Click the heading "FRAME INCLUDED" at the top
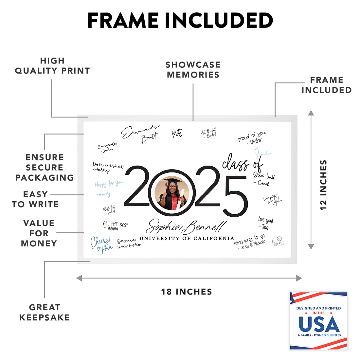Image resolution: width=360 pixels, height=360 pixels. pos(180,21)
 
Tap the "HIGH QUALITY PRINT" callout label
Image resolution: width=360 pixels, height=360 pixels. pos(52,66)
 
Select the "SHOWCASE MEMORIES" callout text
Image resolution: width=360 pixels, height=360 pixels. pos(193,70)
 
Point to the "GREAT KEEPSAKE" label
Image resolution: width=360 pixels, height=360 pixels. pos(45,312)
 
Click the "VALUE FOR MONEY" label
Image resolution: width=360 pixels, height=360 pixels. pos(39,233)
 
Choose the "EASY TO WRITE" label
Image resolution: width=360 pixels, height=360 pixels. pos(35,199)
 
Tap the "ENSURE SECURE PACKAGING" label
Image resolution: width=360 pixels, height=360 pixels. pos(45,167)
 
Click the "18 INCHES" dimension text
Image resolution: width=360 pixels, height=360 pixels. pos(187,292)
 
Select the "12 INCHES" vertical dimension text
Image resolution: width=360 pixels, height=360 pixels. pos(323,185)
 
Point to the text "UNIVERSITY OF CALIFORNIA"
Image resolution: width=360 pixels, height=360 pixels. pos(187,238)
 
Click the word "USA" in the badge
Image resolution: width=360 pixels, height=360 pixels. pos(319,324)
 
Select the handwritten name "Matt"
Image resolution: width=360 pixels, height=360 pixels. pos(177,133)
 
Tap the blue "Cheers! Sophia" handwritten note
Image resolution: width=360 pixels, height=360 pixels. pos(101,244)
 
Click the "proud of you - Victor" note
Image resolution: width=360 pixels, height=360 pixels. pos(252,138)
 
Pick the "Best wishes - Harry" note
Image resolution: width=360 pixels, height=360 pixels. pos(108,167)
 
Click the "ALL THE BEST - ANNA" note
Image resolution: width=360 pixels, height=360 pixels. pos(115,226)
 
